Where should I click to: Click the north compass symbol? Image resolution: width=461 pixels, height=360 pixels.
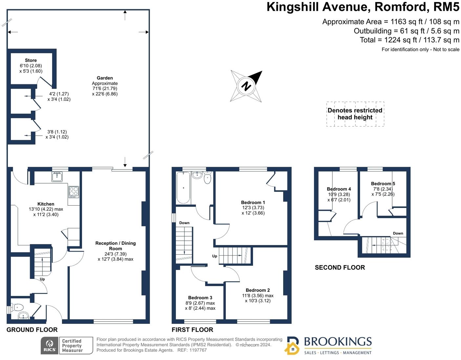(246, 86)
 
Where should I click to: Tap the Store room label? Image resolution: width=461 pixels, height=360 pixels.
(31, 60)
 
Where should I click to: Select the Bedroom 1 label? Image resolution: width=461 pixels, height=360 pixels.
(253, 203)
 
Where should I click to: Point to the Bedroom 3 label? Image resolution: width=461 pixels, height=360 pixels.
(200, 298)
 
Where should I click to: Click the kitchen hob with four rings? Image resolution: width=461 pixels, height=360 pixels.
(73, 191)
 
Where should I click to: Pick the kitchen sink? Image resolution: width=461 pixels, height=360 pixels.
(57, 176)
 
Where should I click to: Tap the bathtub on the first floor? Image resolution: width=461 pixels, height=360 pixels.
(183, 188)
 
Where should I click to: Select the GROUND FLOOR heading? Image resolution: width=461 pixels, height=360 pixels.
(32, 330)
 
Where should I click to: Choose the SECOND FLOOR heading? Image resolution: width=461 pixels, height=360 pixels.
(340, 268)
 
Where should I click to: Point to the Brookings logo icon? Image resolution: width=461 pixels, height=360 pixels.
(292, 346)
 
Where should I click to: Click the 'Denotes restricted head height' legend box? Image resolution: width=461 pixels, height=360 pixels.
(355, 114)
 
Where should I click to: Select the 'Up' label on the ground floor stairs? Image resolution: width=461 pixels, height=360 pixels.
(42, 279)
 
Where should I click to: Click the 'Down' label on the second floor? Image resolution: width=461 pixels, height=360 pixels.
(398, 234)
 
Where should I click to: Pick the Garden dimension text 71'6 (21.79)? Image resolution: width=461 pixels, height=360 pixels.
(105, 88)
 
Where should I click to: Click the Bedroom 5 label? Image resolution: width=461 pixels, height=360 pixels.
(383, 184)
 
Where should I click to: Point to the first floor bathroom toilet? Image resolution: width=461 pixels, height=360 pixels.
(208, 178)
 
